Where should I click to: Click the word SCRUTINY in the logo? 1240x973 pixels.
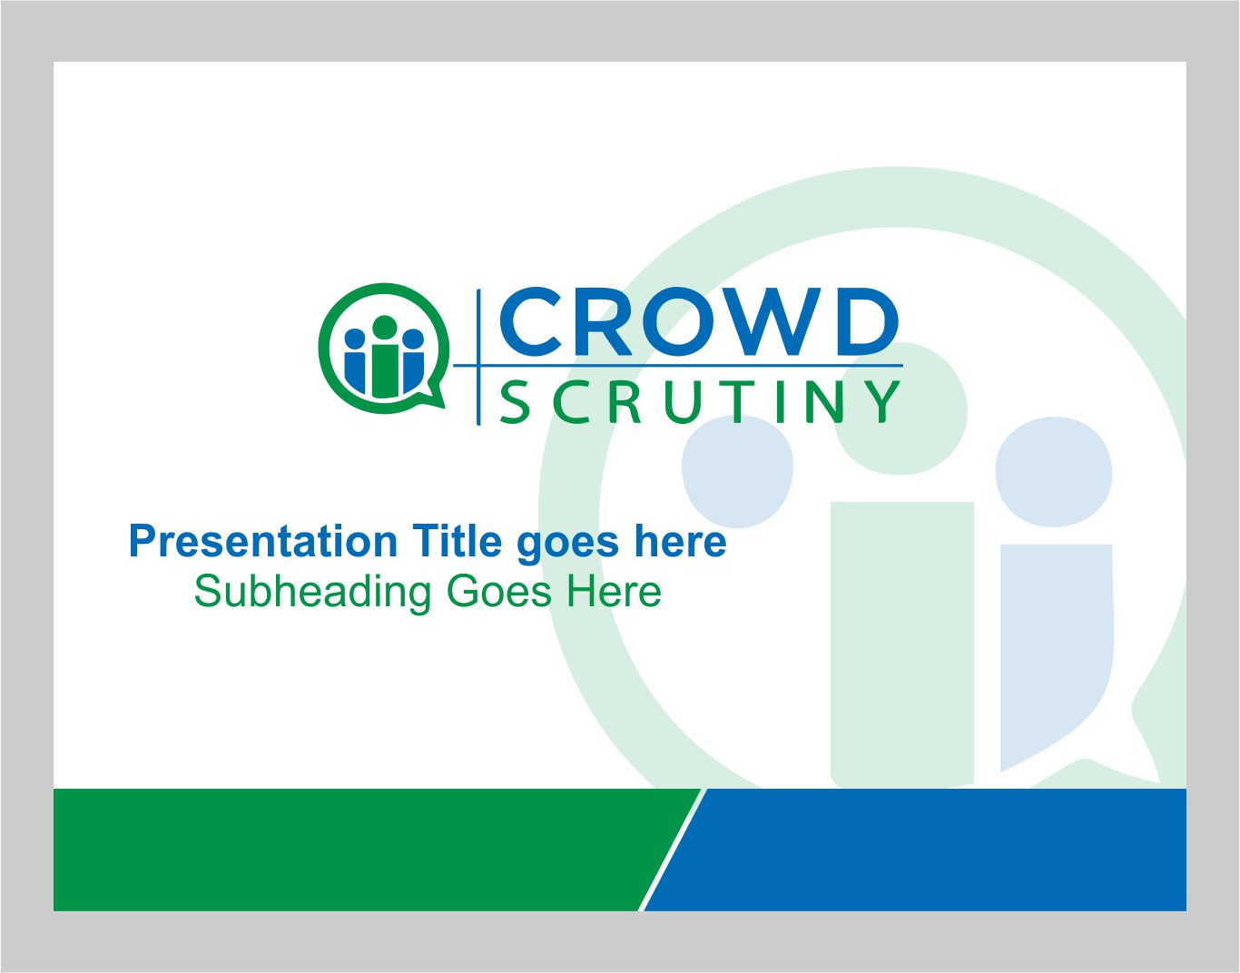(700, 402)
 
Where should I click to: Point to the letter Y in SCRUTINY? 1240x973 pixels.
(881, 402)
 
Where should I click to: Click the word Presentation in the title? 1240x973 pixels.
(262, 542)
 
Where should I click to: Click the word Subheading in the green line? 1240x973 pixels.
(312, 592)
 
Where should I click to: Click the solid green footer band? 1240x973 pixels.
(345, 850)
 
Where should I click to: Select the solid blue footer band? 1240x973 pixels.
(926, 850)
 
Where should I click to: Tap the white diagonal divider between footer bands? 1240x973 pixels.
(672, 850)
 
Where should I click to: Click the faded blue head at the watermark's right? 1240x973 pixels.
(1054, 472)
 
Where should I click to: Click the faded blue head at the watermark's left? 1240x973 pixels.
(737, 472)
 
